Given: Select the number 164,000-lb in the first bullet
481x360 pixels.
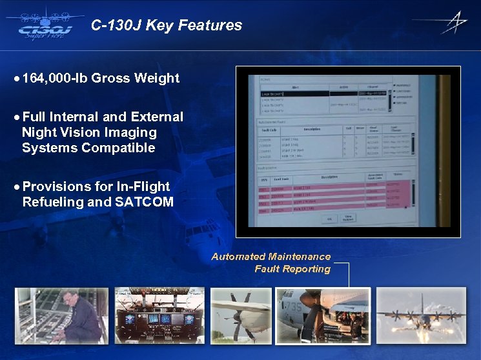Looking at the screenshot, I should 55,78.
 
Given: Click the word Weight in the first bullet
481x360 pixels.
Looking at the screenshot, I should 157,78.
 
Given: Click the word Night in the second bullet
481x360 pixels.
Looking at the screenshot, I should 39,132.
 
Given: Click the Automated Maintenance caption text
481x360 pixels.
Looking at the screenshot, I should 271,256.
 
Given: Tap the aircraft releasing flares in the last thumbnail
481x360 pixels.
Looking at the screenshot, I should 419,317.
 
